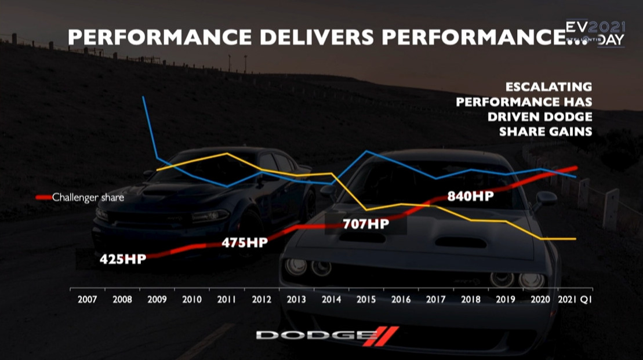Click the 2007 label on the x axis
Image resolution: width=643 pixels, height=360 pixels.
[87, 300]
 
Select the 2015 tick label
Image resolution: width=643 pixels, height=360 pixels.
[366, 300]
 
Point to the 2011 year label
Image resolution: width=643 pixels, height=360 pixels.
[227, 300]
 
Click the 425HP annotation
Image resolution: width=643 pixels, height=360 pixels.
[122, 259]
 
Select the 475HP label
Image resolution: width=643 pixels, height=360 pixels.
[245, 243]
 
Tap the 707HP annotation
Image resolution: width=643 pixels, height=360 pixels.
[365, 223]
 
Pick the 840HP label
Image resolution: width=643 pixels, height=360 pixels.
[470, 196]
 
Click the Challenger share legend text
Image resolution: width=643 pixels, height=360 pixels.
[88, 197]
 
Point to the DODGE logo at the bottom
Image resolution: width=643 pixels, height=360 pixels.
[327, 335]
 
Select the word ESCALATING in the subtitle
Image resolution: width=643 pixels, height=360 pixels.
[548, 87]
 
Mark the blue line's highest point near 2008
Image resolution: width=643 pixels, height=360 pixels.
[143, 97]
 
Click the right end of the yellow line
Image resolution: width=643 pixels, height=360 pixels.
[576, 239]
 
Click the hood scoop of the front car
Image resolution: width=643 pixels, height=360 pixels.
[461, 242]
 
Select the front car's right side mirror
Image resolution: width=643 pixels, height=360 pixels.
[546, 199]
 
